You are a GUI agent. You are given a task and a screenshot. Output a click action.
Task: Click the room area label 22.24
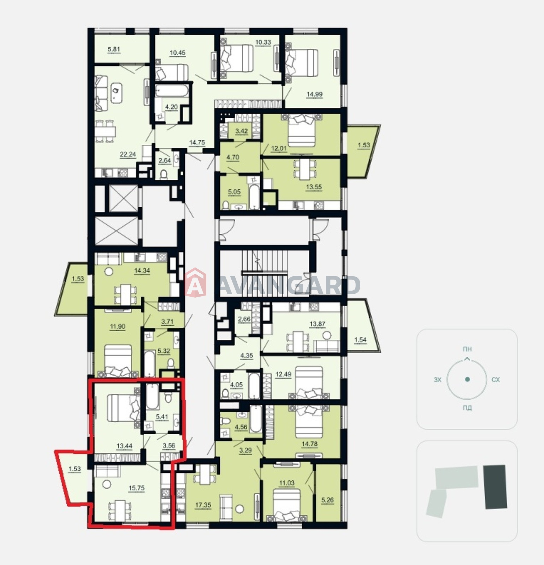pos(128,154)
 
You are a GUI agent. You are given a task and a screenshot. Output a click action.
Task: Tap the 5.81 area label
pos(114,49)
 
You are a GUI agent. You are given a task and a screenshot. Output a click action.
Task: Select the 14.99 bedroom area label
pos(314,94)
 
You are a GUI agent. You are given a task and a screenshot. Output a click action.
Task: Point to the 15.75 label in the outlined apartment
pos(136,488)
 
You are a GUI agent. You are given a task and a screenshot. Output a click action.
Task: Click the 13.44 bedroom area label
pos(124,446)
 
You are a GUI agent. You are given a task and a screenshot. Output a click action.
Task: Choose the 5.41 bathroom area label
pos(162,417)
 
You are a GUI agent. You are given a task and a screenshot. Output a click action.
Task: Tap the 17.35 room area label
pos(203,505)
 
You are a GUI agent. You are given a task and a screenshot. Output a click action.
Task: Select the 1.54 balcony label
pos(360,340)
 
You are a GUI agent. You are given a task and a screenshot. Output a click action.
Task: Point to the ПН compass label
pos(467,349)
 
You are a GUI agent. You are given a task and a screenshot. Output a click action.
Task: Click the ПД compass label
pos(467,408)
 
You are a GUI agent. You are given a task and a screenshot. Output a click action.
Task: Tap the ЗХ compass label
pos(438,380)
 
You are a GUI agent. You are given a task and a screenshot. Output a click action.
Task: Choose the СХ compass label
pos(496,380)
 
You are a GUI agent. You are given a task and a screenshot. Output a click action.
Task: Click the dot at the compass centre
pos(467,379)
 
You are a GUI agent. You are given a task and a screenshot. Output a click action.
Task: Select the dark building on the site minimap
pos(495,487)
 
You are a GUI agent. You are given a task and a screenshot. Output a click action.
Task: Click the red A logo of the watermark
pos(195,283)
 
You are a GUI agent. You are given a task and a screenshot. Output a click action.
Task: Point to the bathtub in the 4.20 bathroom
pos(171,92)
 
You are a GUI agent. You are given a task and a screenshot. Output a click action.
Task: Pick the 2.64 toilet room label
pos(164,160)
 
